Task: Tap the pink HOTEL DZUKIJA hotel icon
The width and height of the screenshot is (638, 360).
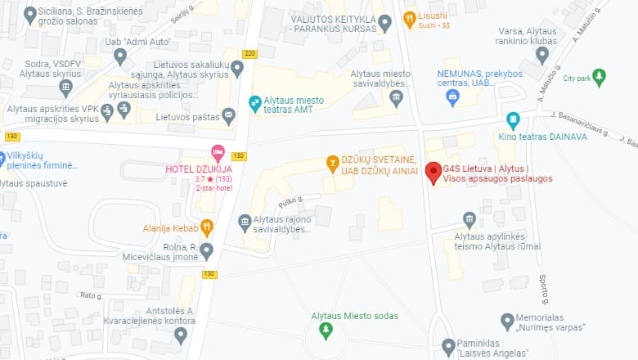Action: pyautogui.click(x=217, y=152)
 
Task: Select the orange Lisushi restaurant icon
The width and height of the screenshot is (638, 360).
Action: pyautogui.click(x=409, y=16)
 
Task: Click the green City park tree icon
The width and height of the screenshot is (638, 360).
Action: pyautogui.click(x=599, y=78)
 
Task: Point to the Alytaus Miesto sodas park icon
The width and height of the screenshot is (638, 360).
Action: pyautogui.click(x=326, y=330)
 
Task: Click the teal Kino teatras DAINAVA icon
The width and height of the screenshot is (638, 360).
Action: pyautogui.click(x=513, y=120)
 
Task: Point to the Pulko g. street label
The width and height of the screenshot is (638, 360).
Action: pyautogui.click(x=290, y=199)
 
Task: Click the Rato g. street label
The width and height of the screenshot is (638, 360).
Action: pyautogui.click(x=90, y=295)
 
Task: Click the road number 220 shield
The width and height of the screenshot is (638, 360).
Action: pyautogui.click(x=249, y=54)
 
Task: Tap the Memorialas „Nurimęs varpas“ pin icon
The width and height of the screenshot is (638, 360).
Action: pyautogui.click(x=507, y=320)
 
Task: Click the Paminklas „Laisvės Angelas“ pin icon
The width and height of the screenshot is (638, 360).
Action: pyautogui.click(x=447, y=346)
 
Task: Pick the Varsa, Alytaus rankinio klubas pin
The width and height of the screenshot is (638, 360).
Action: pyautogui.click(x=541, y=55)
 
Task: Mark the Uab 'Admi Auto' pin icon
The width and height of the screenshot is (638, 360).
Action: pyautogui.click(x=120, y=56)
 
